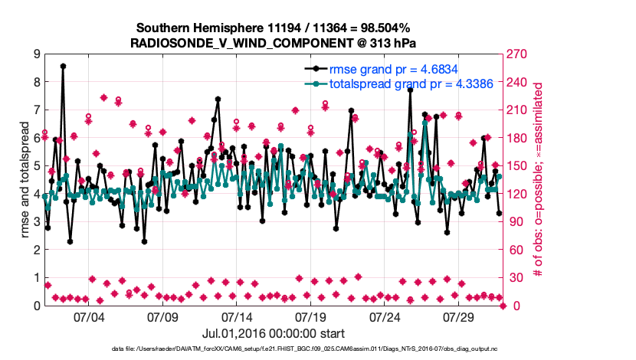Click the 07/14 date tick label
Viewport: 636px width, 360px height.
(237, 317)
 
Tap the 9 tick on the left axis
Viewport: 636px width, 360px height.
(36, 54)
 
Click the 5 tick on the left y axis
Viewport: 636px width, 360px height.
(36, 165)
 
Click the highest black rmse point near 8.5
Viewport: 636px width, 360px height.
(63, 66)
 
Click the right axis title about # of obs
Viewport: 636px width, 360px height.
(539, 179)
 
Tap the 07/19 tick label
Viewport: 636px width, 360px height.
(312, 317)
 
